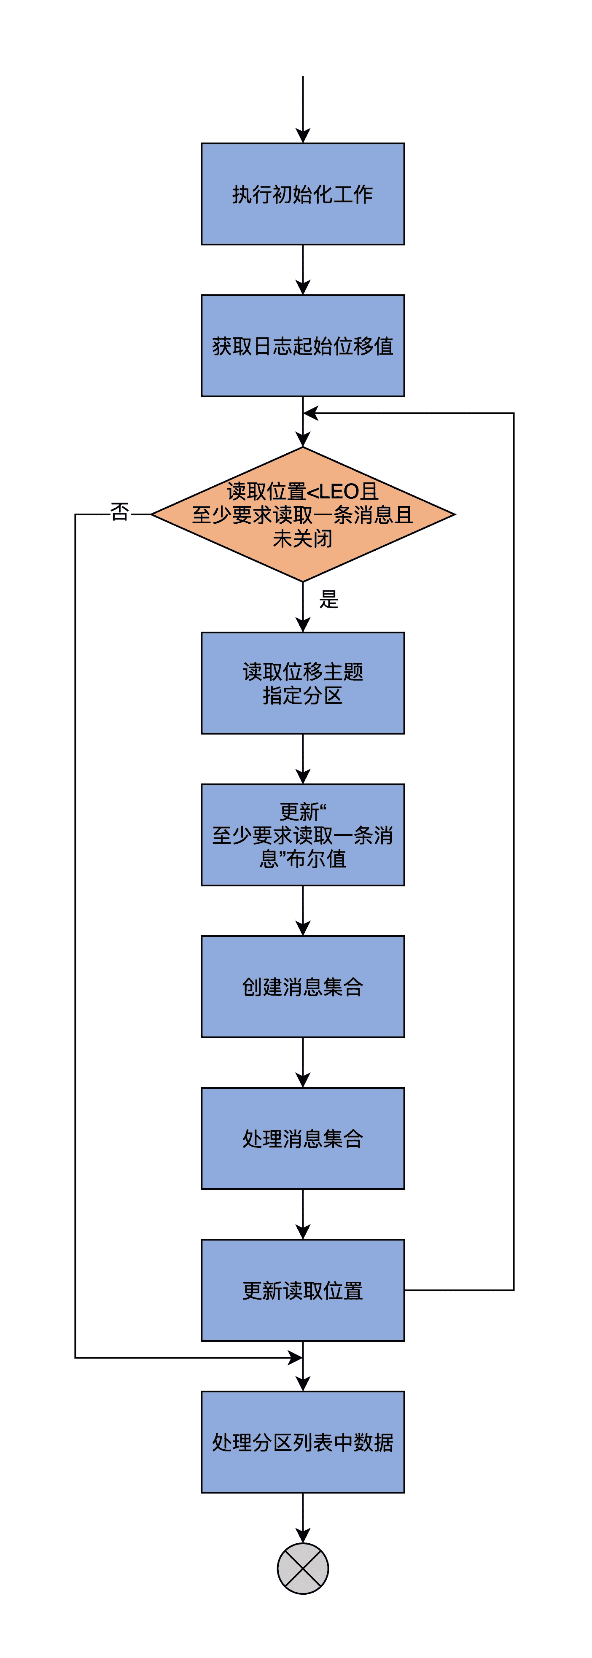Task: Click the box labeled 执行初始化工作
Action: [x=302, y=194]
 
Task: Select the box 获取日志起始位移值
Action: [x=302, y=346]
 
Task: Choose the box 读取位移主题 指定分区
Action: [x=302, y=683]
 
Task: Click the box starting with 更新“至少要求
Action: [x=302, y=835]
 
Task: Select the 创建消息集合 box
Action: [x=302, y=987]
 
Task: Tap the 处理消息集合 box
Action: [x=302, y=1139]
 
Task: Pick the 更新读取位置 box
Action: [x=302, y=1290]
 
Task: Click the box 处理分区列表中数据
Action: [x=302, y=1443]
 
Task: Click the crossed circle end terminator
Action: [x=302, y=1569]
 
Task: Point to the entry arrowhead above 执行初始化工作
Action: [x=302, y=135]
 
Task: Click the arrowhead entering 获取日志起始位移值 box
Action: [x=302, y=287]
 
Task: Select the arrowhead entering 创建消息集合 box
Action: [x=302, y=928]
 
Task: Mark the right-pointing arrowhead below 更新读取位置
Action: [x=295, y=1358]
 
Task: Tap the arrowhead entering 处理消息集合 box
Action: [x=302, y=1080]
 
